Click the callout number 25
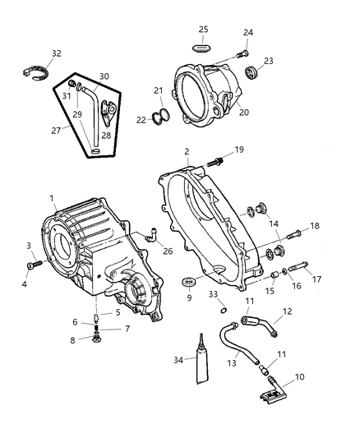tap(202, 30)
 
